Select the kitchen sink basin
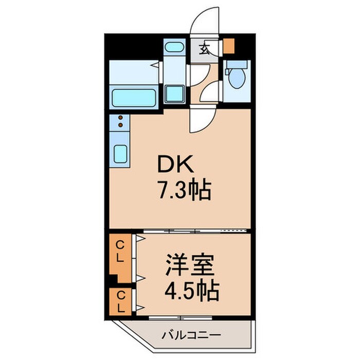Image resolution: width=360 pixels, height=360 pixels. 120,154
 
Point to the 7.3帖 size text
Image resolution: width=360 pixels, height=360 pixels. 183,191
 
